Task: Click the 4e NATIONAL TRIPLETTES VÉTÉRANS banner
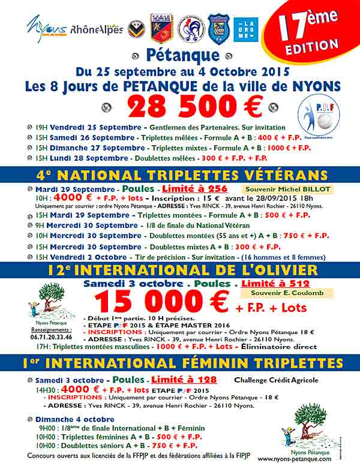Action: point(180,176)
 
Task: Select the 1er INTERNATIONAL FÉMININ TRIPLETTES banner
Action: point(180,363)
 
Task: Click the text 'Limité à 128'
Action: point(184,380)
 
